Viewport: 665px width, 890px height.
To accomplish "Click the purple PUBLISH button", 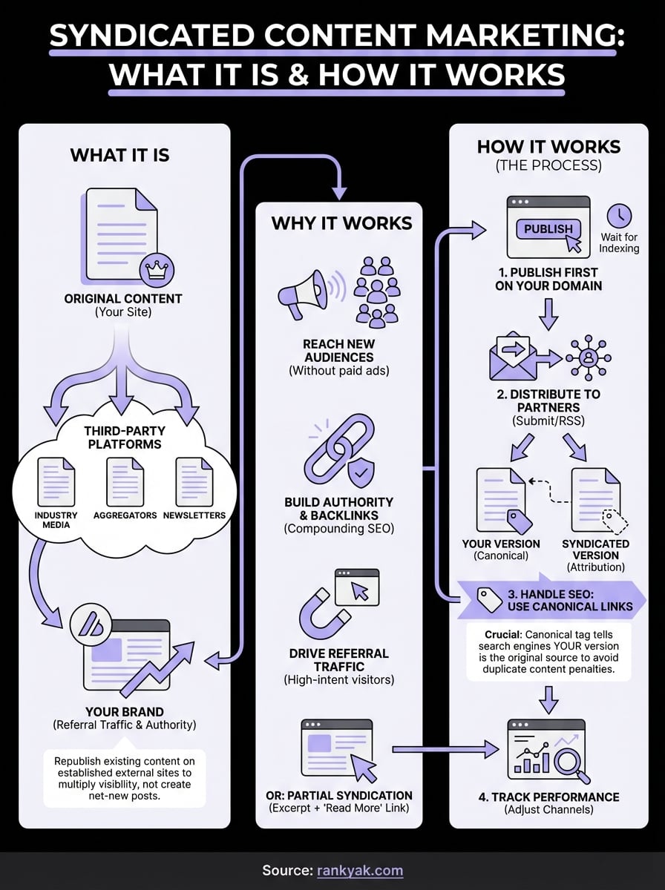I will click(548, 229).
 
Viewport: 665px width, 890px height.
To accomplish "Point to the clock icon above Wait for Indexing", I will click(619, 216).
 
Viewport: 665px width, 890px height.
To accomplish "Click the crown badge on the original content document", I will click(157, 269).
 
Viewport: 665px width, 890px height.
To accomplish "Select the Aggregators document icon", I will click(125, 481).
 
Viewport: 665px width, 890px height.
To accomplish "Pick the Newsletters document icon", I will click(194, 481).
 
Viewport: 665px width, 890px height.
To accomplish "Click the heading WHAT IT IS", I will click(119, 155).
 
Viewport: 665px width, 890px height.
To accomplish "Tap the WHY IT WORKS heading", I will click(341, 223).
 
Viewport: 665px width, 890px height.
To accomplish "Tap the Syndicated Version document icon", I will click(595, 501).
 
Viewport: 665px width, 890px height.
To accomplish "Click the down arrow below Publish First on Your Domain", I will click(548, 314).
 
